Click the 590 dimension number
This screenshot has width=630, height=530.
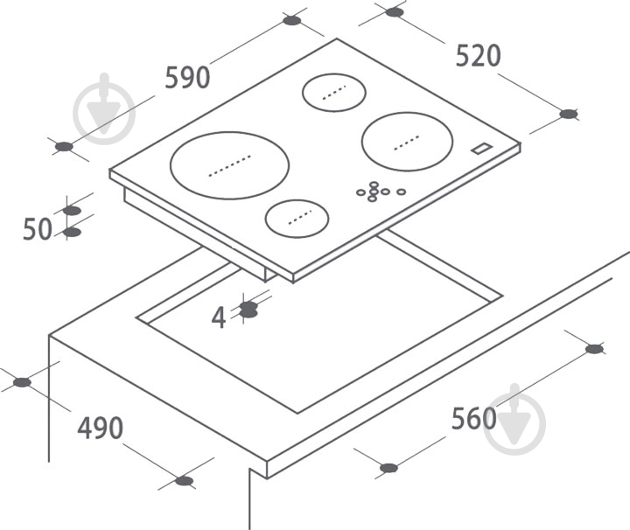click(x=187, y=78)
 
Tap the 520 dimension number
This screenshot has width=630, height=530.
click(x=478, y=55)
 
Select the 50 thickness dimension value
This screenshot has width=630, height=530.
click(x=38, y=229)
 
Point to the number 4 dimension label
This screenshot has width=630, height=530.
click(x=219, y=318)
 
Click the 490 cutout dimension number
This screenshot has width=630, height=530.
click(x=100, y=428)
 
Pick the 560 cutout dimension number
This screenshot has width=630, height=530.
click(x=474, y=418)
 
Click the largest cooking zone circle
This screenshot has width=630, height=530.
click(x=229, y=165)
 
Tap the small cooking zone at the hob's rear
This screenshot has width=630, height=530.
click(x=334, y=93)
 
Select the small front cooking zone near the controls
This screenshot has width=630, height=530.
click(x=297, y=219)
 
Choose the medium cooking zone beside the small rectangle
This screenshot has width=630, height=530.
click(x=408, y=142)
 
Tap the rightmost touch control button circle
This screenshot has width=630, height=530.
click(x=401, y=192)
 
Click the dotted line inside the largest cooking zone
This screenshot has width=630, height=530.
click(x=230, y=165)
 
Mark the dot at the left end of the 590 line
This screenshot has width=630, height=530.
click(x=64, y=147)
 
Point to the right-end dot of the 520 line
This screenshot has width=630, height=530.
click(x=569, y=114)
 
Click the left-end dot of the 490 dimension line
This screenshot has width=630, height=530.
click(x=22, y=382)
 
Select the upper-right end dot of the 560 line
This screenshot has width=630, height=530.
click(x=595, y=349)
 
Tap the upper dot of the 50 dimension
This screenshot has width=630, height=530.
click(x=72, y=211)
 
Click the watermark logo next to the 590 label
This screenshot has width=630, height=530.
click(x=104, y=108)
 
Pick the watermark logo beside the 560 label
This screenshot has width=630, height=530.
click(x=514, y=420)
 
